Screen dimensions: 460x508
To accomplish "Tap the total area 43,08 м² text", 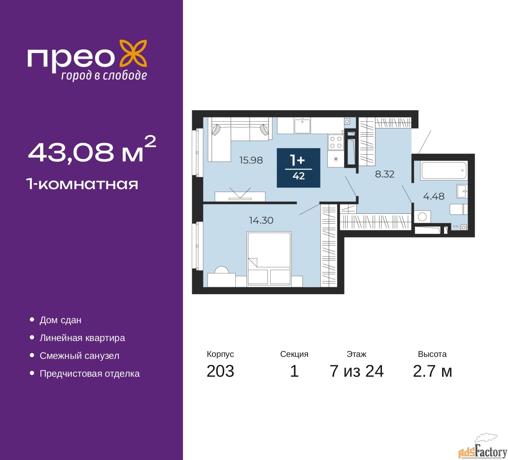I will pos(92,151).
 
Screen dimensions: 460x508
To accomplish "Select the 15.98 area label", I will pos(251,160).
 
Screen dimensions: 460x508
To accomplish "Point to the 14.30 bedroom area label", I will pos(261,220).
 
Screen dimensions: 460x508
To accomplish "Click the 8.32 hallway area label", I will pos(385,174).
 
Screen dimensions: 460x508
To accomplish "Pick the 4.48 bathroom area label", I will pos(434,196).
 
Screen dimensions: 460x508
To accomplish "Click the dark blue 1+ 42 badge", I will pos(298,168).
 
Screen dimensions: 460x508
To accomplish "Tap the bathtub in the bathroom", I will pos(444,170).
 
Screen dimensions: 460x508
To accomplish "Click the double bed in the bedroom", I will pos(269,259).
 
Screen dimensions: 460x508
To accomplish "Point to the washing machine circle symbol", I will pos(422,217).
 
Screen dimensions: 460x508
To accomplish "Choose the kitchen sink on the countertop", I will pos(302,125).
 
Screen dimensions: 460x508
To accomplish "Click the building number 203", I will pos(220,371).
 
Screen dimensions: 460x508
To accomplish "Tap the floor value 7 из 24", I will pos(356,371).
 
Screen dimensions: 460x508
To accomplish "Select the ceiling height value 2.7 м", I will pos(432,371).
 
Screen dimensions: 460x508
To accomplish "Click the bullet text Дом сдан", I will pos(60,320).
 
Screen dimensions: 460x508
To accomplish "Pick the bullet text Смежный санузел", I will pos(79,356).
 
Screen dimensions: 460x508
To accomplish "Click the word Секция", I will pos(294,354).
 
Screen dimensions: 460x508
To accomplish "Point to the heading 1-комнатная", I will pos(82,184).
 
